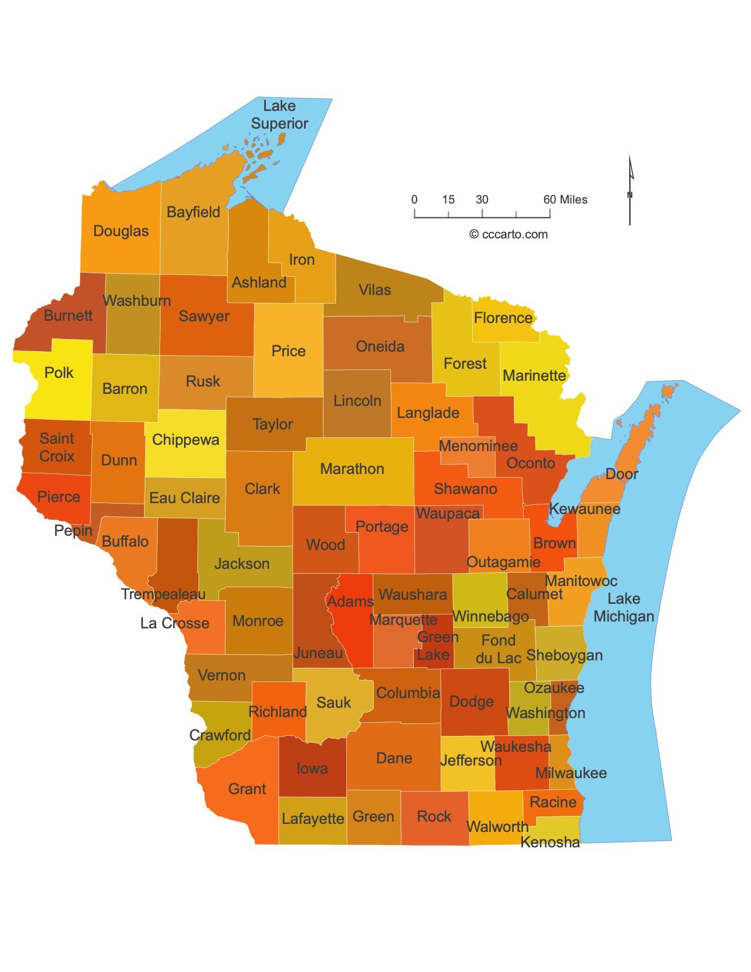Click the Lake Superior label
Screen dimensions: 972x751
tap(279, 114)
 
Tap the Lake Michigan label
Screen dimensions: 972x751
tap(623, 607)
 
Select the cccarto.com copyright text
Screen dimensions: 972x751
tap(508, 234)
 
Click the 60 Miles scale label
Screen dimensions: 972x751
tap(565, 200)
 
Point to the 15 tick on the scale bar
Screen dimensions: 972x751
tap(448, 200)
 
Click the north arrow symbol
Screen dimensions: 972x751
tap(630, 190)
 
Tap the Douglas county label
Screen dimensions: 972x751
tap(121, 231)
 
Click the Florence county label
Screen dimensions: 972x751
tap(503, 318)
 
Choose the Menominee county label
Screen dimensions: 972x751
tap(478, 446)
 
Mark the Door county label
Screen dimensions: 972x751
tap(622, 473)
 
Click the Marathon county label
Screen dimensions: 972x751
tap(352, 469)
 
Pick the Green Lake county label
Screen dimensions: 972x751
tap(437, 646)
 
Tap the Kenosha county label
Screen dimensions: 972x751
tap(550, 842)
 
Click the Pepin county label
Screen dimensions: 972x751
tap(73, 531)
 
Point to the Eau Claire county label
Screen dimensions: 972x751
tap(185, 498)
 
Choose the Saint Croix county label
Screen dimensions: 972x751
tap(57, 447)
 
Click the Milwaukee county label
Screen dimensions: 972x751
tap(570, 773)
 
